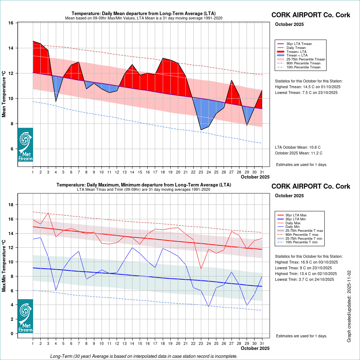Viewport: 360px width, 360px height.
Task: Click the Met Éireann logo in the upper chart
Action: pyautogui.click(x=25, y=145)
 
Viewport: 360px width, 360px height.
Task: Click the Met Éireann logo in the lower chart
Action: pyautogui.click(x=25, y=316)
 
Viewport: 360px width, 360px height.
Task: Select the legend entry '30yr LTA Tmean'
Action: pyautogui.click(x=299, y=44)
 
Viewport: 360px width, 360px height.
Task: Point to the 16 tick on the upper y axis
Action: pyautogui.click(x=11, y=23)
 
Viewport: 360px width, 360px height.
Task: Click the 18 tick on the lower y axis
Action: pyautogui.click(x=11, y=205)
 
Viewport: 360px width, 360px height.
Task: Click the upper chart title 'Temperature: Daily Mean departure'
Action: pyautogui.click(x=143, y=14)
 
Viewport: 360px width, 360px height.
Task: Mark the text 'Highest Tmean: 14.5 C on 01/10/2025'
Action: pyautogui.click(x=307, y=87)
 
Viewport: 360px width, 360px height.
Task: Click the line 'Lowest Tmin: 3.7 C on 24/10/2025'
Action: pyautogui.click(x=306, y=279)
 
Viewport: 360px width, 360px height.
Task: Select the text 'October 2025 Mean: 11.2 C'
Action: pyautogui.click(x=298, y=153)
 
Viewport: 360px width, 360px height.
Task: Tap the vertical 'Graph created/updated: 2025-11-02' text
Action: pyautogui.click(x=349, y=307)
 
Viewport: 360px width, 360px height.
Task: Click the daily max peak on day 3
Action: pyautogui.click(x=48, y=213)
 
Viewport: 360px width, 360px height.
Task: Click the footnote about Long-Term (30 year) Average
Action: pyautogui.click(x=144, y=356)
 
